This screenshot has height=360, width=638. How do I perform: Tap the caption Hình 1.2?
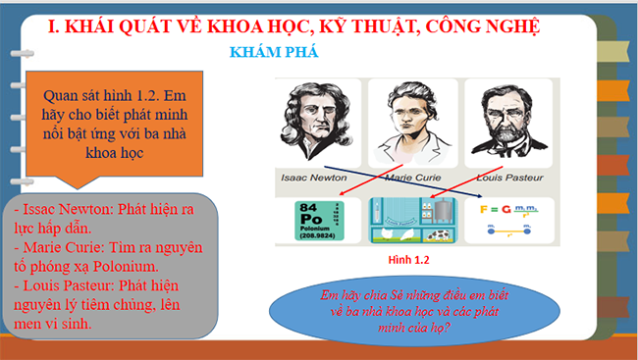pyautogui.click(x=410, y=262)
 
